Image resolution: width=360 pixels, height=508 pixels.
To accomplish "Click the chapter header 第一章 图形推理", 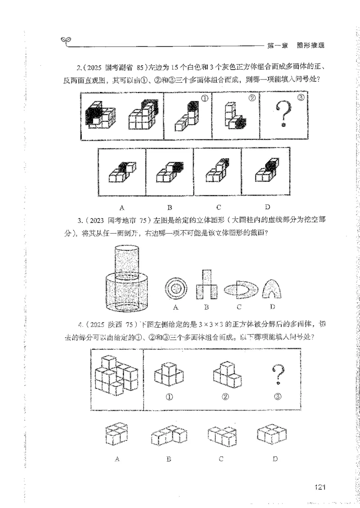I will coord(296,45).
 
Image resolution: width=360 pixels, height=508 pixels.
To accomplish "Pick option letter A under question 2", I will coord(121,207).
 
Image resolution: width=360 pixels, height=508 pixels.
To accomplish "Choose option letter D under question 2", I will coord(267,207).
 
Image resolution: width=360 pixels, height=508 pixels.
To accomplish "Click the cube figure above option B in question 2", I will coord(170,173).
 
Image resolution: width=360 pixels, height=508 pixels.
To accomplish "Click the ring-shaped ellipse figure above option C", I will coord(239,290).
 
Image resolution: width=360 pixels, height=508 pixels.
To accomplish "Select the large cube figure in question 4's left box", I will coord(117,373).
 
